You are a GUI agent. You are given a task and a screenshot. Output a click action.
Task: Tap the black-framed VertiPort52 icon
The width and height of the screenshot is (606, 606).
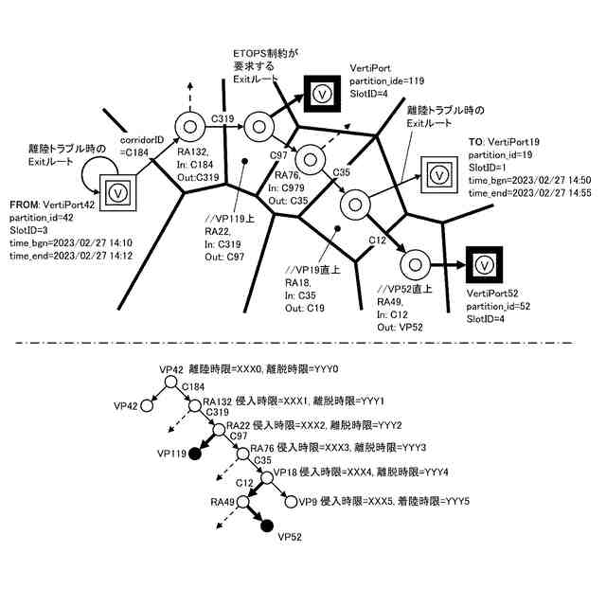[483, 264]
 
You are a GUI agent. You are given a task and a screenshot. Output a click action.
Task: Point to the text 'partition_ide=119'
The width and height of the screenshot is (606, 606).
[387, 81]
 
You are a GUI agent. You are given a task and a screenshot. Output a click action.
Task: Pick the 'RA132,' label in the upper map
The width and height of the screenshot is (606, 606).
[192, 152]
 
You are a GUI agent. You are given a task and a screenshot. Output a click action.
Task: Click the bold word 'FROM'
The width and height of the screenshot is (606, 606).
[22, 205]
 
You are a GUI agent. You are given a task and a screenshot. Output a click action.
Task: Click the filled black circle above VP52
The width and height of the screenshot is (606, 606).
[266, 526]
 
